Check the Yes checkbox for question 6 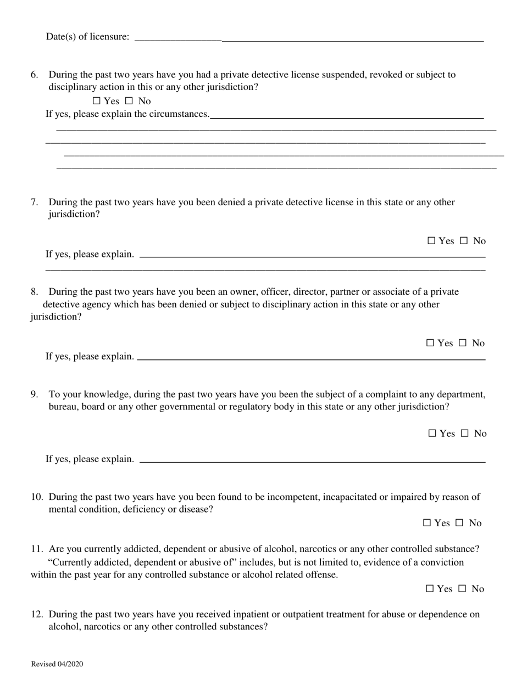tap(97, 101)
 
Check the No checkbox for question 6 tap(129, 101)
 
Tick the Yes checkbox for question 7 tap(431, 240)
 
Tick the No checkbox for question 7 tap(464, 240)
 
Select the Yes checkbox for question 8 tap(430, 343)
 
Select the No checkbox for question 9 tap(465, 434)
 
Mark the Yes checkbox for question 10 tap(427, 523)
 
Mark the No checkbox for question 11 tap(462, 589)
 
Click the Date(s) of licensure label tap(88, 37)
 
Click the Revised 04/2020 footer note tap(57, 664)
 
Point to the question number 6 tap(34, 75)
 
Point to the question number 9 tap(34, 394)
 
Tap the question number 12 tap(37, 614)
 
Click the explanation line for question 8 tap(311, 358)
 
